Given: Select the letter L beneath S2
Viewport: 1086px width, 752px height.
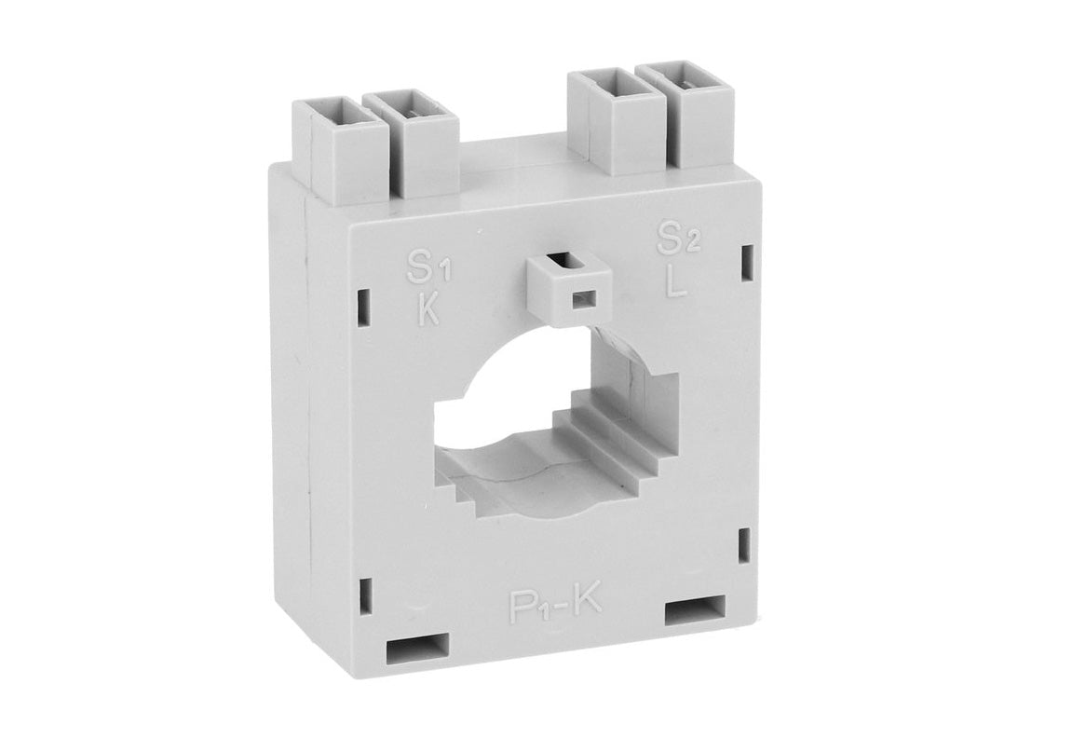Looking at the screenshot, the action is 675,280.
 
